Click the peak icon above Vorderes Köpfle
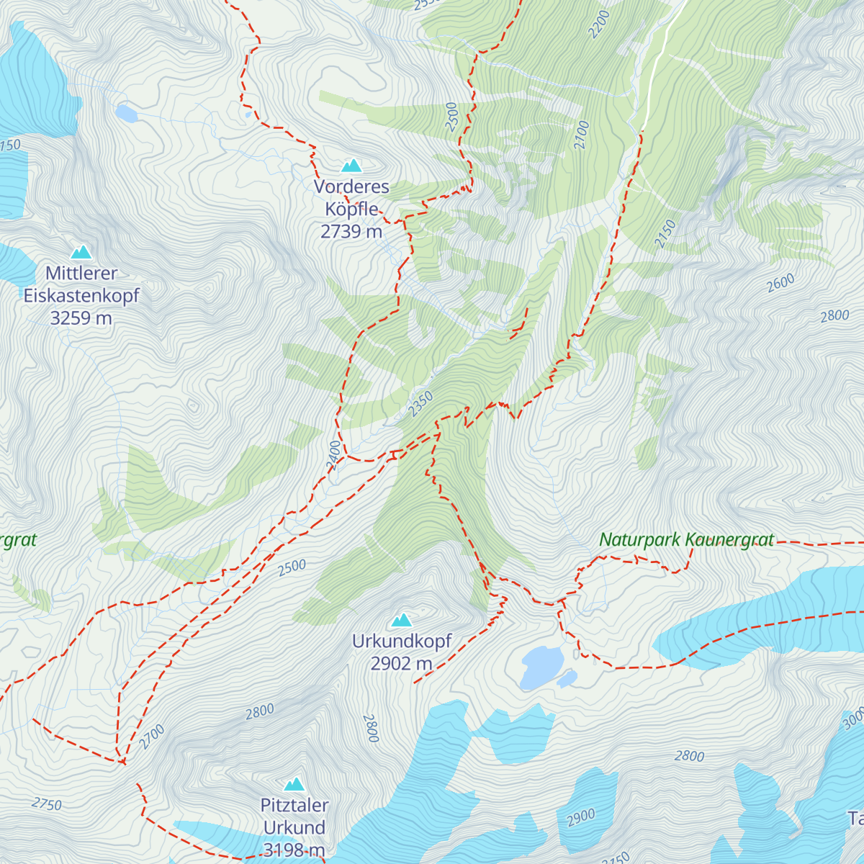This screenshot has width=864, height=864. (x=351, y=166)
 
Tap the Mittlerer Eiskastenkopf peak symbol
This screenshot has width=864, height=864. (x=81, y=253)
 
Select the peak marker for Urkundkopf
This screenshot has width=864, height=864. (x=402, y=620)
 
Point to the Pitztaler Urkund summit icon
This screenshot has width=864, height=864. (x=294, y=784)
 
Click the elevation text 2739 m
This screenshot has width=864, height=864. (x=351, y=231)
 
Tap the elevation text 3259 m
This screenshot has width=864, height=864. (x=81, y=318)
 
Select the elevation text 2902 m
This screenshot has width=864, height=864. (x=402, y=663)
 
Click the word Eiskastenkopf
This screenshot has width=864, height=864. (x=81, y=295)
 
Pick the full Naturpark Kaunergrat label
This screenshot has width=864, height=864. (x=687, y=539)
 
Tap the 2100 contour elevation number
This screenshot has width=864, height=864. (x=582, y=135)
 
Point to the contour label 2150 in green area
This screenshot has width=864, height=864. (x=665, y=234)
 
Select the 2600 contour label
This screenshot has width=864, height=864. (x=780, y=283)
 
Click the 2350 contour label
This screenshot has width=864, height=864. (x=420, y=403)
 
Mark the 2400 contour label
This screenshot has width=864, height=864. (x=333, y=456)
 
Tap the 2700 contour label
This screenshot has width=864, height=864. (x=152, y=737)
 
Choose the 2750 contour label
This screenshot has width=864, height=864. (x=47, y=804)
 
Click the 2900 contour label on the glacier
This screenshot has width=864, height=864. (x=581, y=817)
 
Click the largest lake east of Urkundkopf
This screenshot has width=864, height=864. (x=541, y=665)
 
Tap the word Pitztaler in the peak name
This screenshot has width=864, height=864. (x=294, y=806)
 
